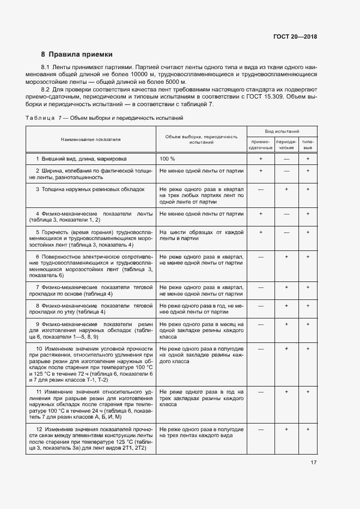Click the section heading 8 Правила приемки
click(x=77, y=54)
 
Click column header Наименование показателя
click(x=90, y=139)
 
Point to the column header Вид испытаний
click(x=282, y=132)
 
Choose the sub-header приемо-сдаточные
click(x=260, y=144)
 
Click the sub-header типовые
click(x=308, y=144)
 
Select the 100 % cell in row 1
click(x=167, y=158)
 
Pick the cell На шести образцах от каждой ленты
click(x=201, y=235)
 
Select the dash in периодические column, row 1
click(x=286, y=158)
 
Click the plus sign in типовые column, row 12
click(x=308, y=429)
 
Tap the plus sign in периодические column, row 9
click(x=286, y=324)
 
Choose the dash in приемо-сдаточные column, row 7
click(x=260, y=287)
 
